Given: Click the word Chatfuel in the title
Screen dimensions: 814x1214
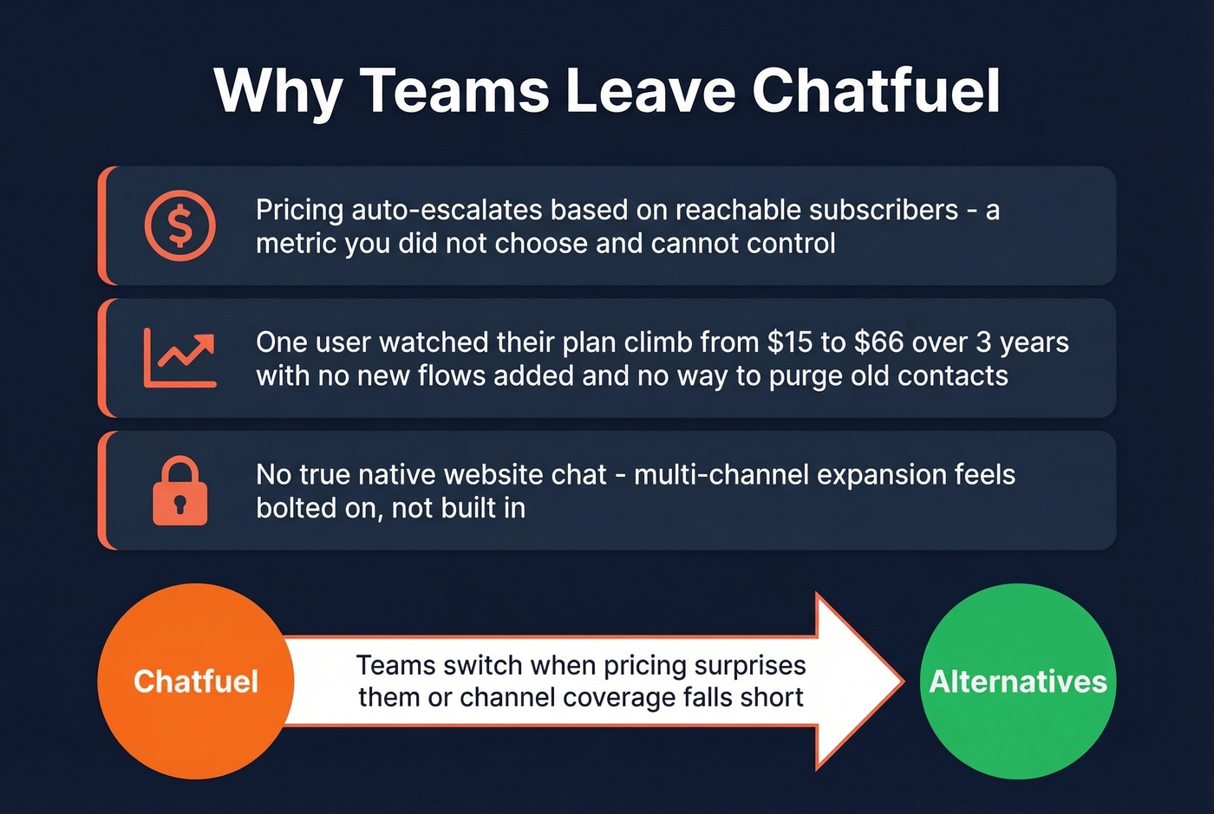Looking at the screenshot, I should tap(876, 90).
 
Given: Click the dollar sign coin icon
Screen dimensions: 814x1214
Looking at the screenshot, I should tap(179, 225).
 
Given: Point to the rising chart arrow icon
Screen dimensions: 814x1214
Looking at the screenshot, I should tap(179, 358).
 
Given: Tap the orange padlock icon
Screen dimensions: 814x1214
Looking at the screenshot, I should tap(179, 491).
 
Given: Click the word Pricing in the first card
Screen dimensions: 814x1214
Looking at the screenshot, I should tap(299, 211).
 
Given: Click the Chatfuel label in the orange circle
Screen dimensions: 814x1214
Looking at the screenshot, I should tap(196, 681).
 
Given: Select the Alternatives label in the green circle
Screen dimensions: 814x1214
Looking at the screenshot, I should tap(1018, 681).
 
